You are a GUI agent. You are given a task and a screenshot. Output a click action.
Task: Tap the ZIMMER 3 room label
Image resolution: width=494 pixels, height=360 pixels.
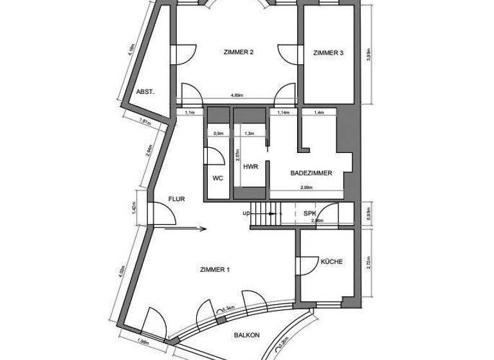point(328,53)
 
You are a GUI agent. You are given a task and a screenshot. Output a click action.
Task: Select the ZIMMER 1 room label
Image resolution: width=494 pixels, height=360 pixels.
point(215,270)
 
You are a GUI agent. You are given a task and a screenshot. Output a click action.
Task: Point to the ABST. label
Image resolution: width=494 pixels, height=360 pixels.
point(145,91)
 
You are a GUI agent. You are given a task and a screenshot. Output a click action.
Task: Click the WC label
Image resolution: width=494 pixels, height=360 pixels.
point(217,178)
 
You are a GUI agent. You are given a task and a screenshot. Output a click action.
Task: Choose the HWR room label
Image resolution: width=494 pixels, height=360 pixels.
point(250,166)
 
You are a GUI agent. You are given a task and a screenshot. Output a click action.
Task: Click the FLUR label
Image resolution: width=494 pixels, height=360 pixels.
point(176,199)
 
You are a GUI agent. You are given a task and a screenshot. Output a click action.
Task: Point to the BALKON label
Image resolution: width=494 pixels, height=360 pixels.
point(246,335)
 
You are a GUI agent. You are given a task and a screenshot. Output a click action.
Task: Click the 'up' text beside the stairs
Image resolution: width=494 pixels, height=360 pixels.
point(246,213)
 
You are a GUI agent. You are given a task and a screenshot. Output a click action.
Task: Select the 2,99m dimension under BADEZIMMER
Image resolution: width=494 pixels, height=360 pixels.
point(306,187)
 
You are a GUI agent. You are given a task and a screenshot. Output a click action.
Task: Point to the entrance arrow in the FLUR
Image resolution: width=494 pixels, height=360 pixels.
point(186,228)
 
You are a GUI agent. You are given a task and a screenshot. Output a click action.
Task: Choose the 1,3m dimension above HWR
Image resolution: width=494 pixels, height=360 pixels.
point(250,134)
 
